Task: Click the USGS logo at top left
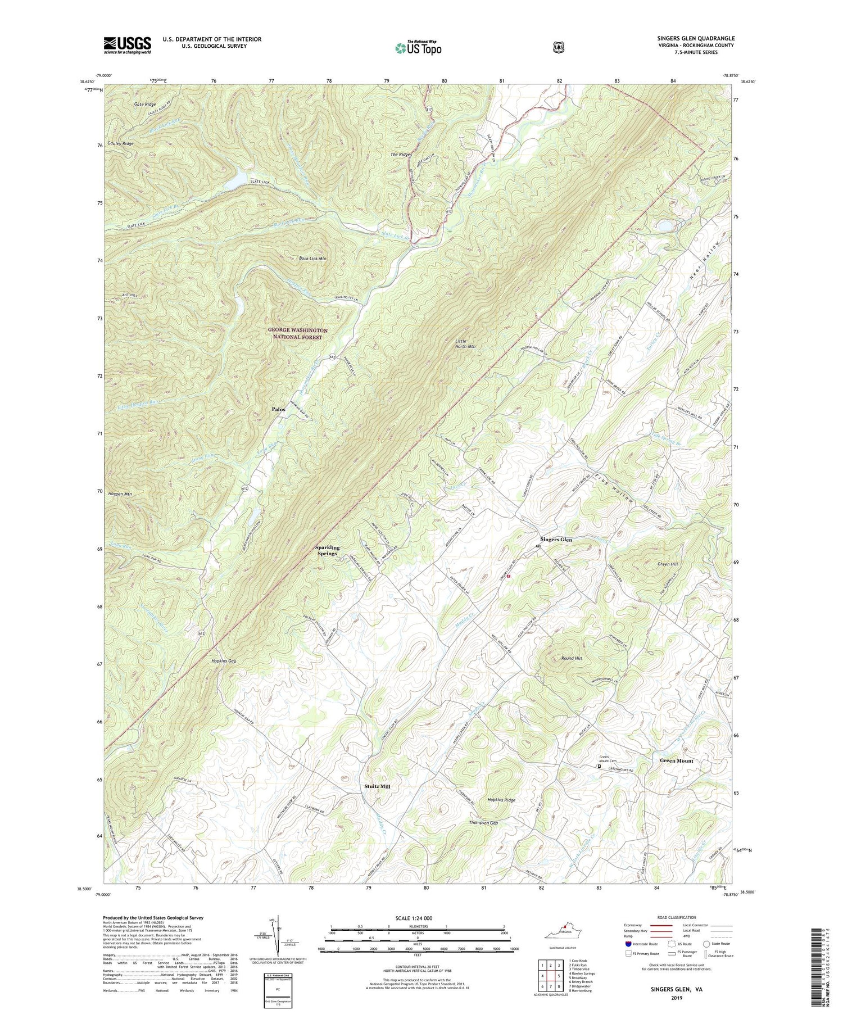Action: [127, 45]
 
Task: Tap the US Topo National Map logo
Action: [418, 47]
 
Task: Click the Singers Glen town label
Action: [556, 539]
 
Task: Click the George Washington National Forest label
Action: [298, 334]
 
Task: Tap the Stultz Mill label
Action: [377, 786]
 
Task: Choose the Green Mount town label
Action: [676, 760]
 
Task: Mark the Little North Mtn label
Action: [465, 343]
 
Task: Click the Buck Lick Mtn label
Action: [313, 259]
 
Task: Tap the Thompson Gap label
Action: [483, 823]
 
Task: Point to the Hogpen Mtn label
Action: [120, 493]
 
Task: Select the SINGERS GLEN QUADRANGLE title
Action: [696, 38]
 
